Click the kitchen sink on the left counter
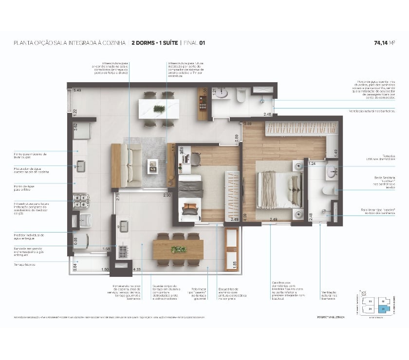(x=80, y=167)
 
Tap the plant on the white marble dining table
(x=159, y=108)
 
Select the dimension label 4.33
(x=137, y=269)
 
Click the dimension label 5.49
(x=77, y=90)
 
